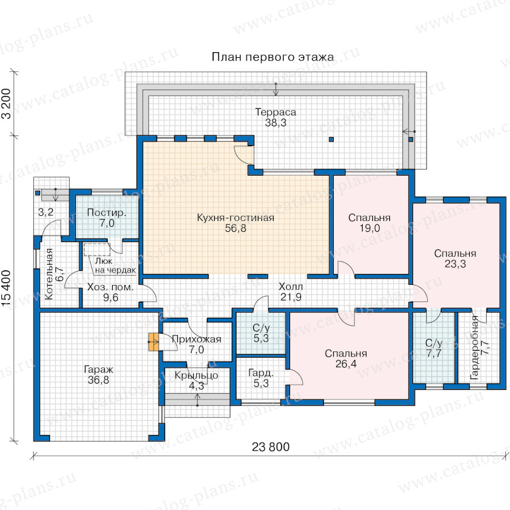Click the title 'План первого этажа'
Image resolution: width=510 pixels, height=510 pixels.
[273, 57]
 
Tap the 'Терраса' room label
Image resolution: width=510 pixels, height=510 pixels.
[276, 112]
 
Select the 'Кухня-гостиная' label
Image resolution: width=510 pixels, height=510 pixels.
[236, 218]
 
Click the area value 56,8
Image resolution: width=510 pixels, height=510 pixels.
[236, 228]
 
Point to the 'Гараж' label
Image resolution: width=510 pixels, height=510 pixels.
[99, 369]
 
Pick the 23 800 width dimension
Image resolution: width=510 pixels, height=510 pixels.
[271, 447]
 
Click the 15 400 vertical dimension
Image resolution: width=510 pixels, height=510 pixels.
[7, 288]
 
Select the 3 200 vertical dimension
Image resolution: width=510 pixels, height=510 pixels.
[7, 104]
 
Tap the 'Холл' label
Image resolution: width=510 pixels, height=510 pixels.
[291, 287]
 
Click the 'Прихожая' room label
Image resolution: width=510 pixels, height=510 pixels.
[197, 339]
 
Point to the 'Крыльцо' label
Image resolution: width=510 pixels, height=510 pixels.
[197, 375]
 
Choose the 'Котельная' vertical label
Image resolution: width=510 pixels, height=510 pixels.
[49, 274]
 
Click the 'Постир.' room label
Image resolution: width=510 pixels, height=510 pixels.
[107, 212]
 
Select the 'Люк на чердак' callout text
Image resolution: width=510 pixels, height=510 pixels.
[116, 265]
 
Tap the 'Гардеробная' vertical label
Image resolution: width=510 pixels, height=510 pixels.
[475, 347]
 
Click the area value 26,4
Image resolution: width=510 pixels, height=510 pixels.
[346, 364]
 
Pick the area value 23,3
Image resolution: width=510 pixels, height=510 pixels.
[455, 263]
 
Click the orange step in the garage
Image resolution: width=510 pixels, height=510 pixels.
[154, 342]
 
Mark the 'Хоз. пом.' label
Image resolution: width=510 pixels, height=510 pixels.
[110, 287]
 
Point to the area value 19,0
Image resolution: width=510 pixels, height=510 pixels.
[369, 228]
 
